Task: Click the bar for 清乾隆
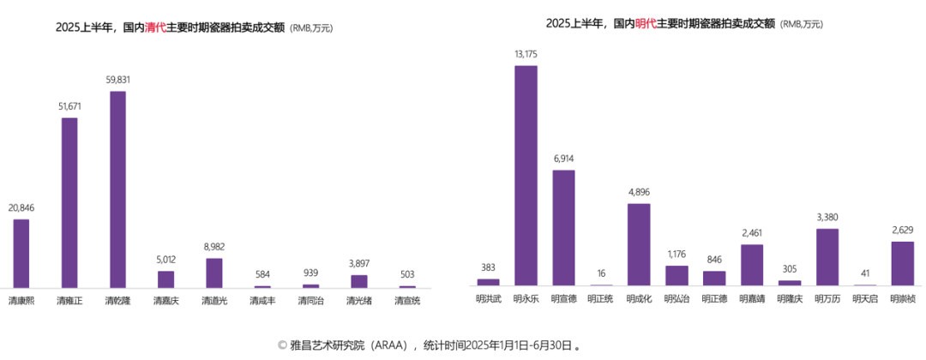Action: pyautogui.click(x=117, y=189)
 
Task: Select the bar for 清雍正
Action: pyautogui.click(x=69, y=202)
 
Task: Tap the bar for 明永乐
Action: pyautogui.click(x=526, y=175)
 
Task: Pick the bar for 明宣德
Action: pyautogui.click(x=563, y=227)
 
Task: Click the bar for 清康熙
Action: pyautogui.click(x=21, y=253)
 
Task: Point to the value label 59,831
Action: pyautogui.click(x=117, y=80)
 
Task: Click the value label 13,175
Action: pyautogui.click(x=526, y=54)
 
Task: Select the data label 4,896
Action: pyautogui.click(x=639, y=192)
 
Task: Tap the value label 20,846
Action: pyautogui.click(x=21, y=207)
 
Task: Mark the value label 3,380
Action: pyautogui.click(x=827, y=217)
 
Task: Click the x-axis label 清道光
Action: pyautogui.click(x=214, y=301)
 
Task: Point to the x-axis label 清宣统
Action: pyautogui.click(x=407, y=301)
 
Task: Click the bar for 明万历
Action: pyautogui.click(x=827, y=256)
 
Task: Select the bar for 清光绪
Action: pyautogui.click(x=359, y=280)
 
